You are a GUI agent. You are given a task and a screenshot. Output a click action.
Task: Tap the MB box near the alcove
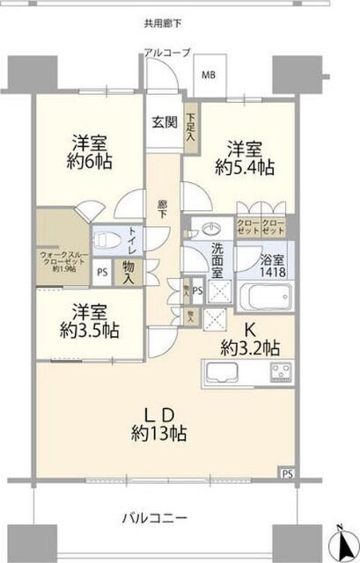[209, 74]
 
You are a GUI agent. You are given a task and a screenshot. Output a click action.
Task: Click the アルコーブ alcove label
[168, 54]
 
